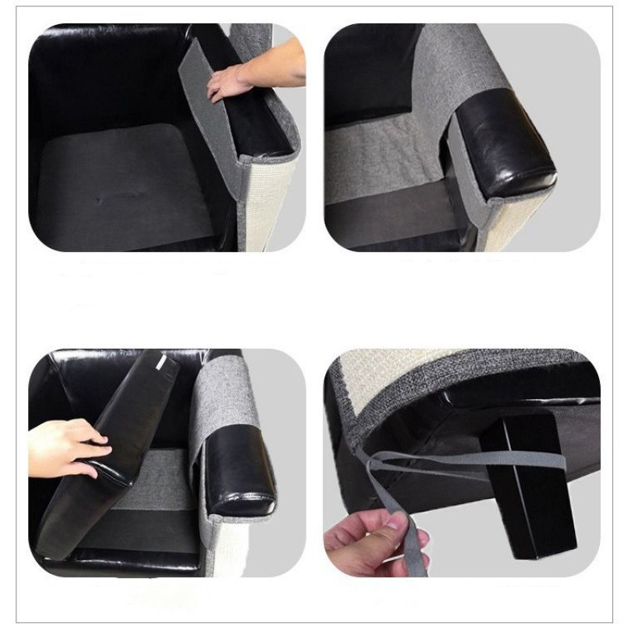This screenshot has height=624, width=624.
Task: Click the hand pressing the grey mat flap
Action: (234, 78)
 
